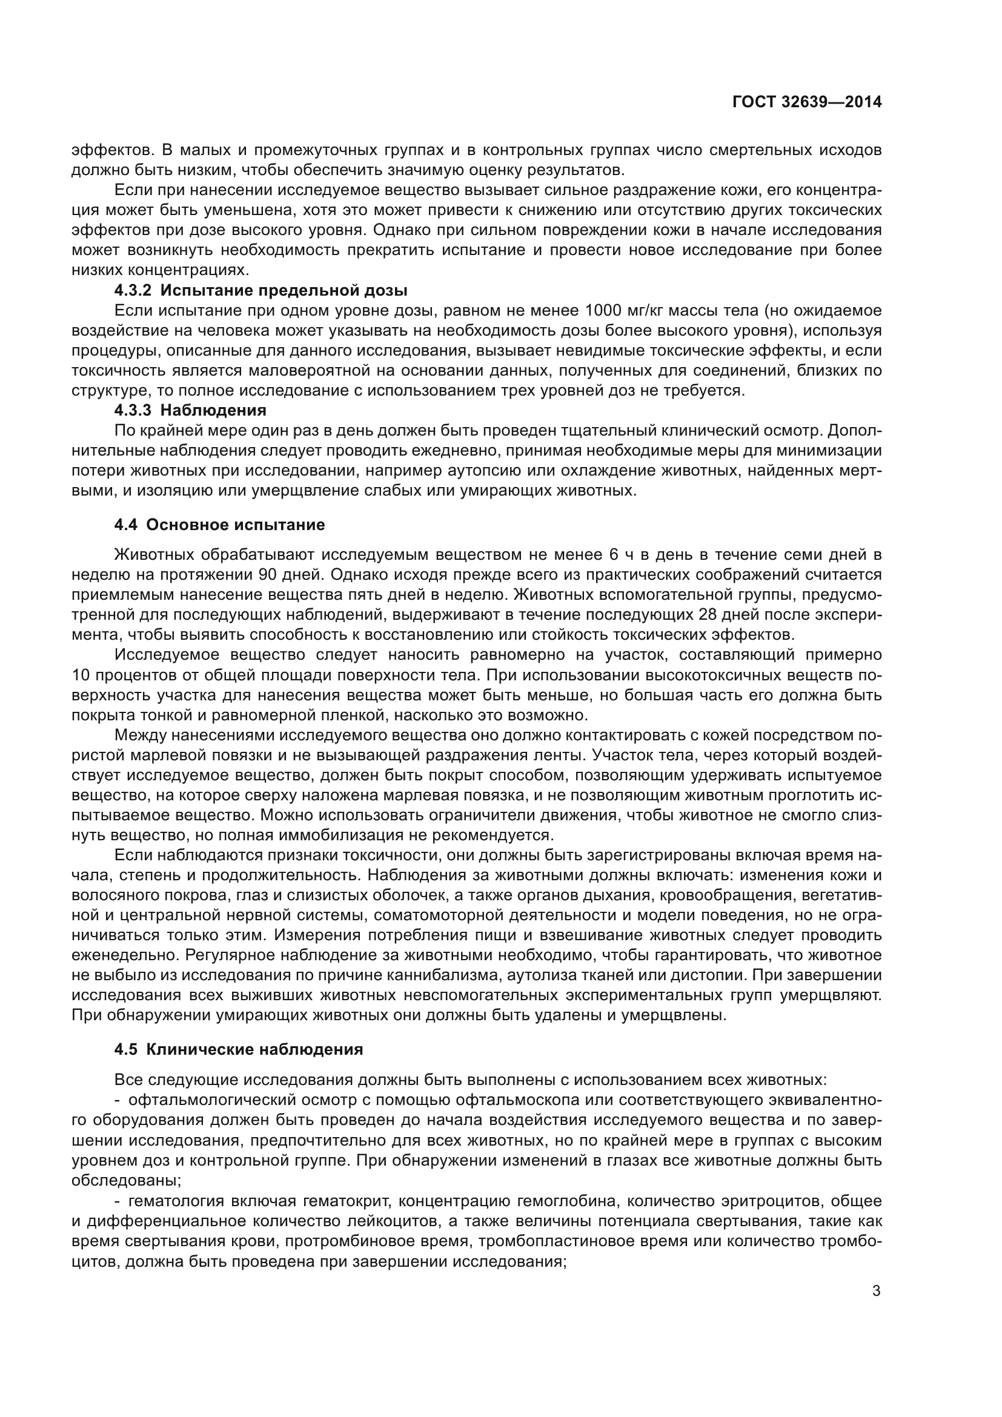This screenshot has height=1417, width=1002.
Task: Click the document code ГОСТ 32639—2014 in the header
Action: click(806, 102)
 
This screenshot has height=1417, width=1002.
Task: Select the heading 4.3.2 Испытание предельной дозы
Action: click(260, 290)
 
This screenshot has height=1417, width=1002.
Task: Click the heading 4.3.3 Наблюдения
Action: click(190, 410)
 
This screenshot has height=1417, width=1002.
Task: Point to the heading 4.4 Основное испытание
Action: click(219, 525)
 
